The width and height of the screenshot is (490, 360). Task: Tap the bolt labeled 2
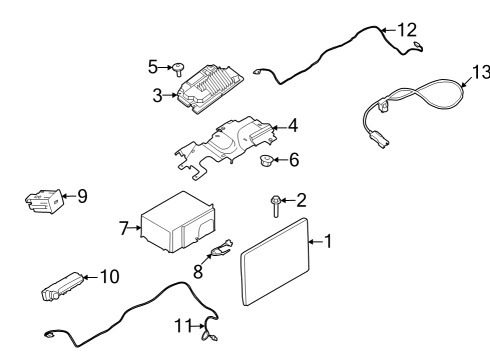tap(274, 205)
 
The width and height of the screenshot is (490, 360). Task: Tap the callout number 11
tap(182, 324)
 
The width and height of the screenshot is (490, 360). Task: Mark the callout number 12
tap(405, 30)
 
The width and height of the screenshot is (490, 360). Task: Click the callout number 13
tap(482, 72)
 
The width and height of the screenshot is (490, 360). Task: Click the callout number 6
tap(293, 160)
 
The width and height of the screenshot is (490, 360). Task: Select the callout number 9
tap(81, 197)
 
